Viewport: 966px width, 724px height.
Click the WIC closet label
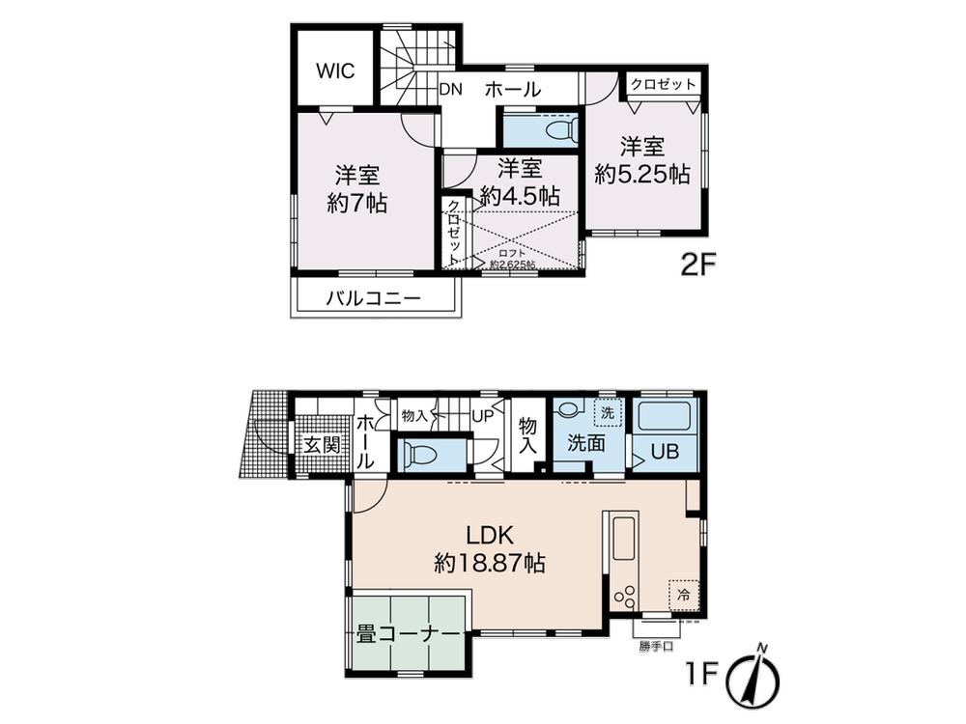tap(335, 71)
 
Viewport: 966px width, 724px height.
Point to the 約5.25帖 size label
tap(641, 175)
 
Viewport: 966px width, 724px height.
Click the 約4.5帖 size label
tap(520, 194)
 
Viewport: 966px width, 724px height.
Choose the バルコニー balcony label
tap(373, 299)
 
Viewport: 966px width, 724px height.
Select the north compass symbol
tap(757, 676)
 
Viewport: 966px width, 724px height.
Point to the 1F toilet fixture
tap(417, 453)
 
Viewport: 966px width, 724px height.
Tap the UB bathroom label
tap(664, 451)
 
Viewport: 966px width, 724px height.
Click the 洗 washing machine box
tap(607, 412)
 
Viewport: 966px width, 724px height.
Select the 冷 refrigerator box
tap(683, 596)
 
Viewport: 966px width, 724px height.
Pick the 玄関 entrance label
tap(319, 445)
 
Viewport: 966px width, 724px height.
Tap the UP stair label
tap(481, 415)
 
